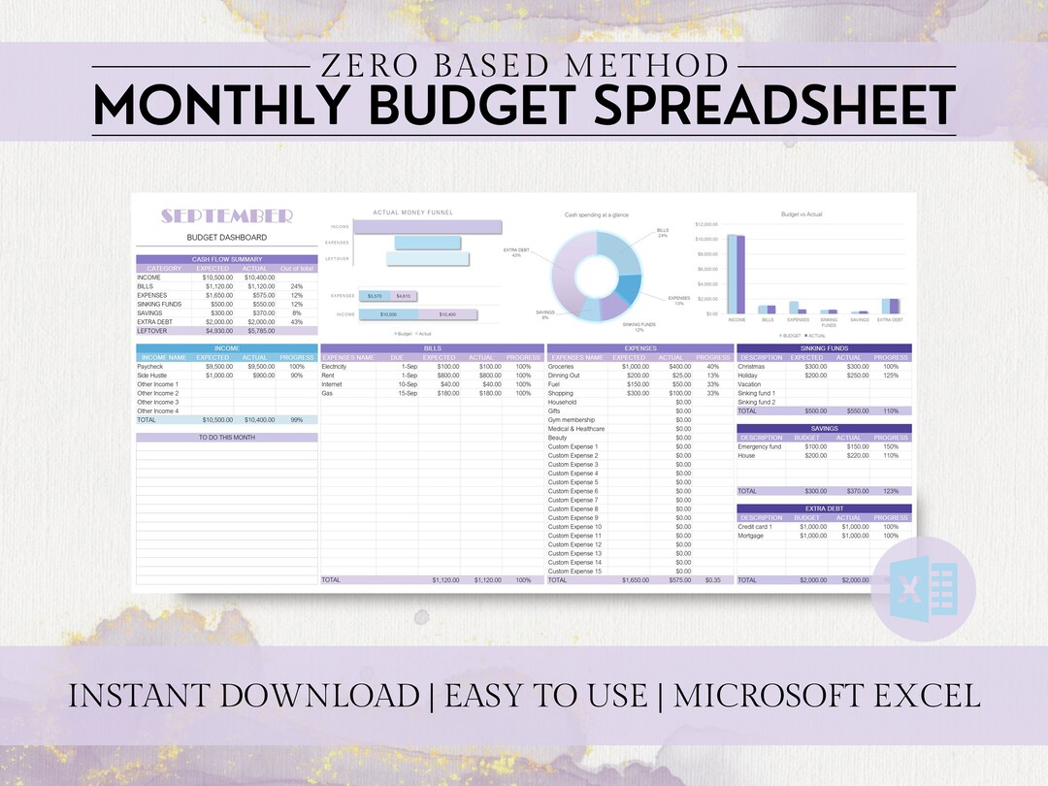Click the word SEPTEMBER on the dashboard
227,215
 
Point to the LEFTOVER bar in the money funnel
428,259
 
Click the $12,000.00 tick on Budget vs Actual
705,224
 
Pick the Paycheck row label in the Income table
150,366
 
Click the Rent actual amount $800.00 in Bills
487,375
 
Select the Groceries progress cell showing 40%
713,366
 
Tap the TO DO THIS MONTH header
227,438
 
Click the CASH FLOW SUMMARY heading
227,259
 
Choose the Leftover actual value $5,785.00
255,331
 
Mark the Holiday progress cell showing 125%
891,375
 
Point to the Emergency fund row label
760,446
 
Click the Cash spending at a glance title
598,213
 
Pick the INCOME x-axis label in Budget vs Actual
737,319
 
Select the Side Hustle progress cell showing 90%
297,375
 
